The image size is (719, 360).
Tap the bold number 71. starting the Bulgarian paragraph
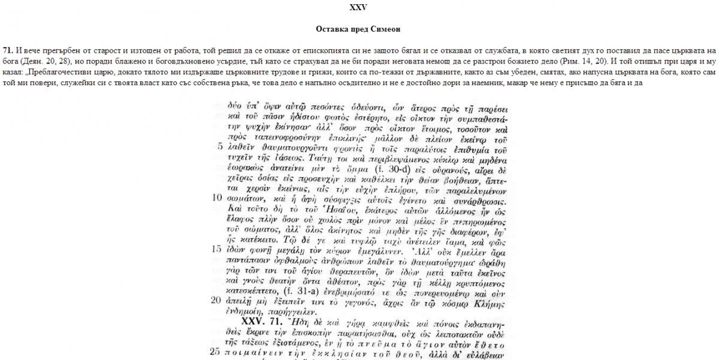click(8, 50)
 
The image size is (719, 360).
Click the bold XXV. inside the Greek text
click(254, 321)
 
